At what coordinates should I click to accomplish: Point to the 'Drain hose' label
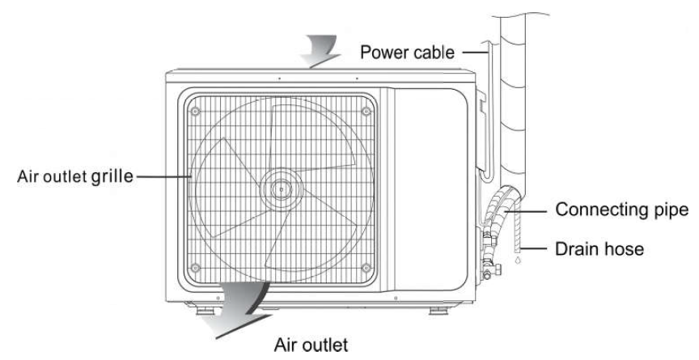(599, 250)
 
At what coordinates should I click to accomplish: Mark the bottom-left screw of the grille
(195, 268)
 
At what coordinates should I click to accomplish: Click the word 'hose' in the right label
(625, 250)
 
